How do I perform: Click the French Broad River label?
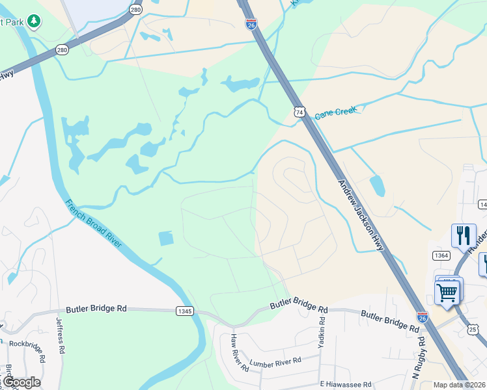(x=94, y=223)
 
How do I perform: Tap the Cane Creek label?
(x=336, y=114)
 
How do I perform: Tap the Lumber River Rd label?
(x=276, y=361)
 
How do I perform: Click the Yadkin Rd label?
(x=322, y=335)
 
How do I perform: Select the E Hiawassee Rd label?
(x=345, y=383)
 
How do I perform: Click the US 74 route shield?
(x=299, y=112)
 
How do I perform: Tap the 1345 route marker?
(x=185, y=311)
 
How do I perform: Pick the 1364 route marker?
(x=441, y=255)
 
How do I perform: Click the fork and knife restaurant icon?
(x=464, y=235)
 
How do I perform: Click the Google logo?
(x=21, y=382)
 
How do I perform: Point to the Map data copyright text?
(x=459, y=385)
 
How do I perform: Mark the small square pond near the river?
(x=167, y=239)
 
